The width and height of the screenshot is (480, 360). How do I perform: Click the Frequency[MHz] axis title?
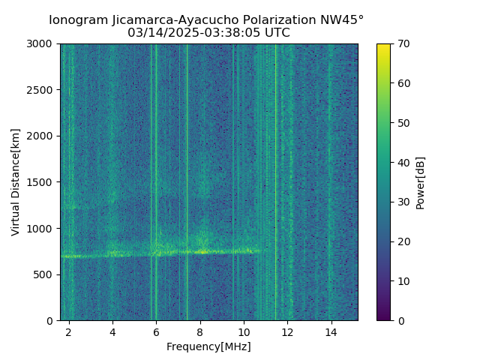[x=208, y=346]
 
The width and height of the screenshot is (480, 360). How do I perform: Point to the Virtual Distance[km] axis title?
[x=16, y=181]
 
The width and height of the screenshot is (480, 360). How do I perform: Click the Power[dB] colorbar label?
[x=421, y=181]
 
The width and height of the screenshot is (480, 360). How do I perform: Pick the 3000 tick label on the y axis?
[x=42, y=44]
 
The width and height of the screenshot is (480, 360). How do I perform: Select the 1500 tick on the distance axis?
[x=42, y=182]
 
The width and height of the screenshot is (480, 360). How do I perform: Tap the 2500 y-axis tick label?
[x=42, y=90]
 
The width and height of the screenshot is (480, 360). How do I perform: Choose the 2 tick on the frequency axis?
[x=69, y=331]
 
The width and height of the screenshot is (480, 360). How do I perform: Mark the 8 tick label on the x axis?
[x=200, y=331]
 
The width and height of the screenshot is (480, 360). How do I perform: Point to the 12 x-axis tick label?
[x=287, y=331]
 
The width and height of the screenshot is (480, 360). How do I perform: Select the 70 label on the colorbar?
[x=403, y=44]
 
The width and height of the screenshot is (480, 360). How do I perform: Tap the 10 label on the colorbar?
[x=403, y=281]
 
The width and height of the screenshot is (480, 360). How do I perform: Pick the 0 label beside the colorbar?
[x=400, y=320]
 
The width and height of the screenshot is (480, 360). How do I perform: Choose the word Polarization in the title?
[x=273, y=20]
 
